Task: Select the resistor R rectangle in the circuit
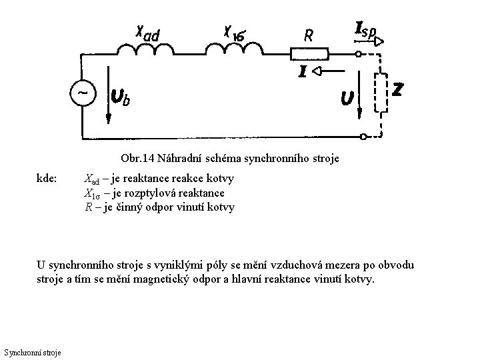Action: (x=309, y=53)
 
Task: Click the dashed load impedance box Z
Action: (x=382, y=96)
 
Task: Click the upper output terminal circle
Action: (x=361, y=53)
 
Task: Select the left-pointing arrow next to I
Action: (x=322, y=70)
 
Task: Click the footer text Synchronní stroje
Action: (x=33, y=351)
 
